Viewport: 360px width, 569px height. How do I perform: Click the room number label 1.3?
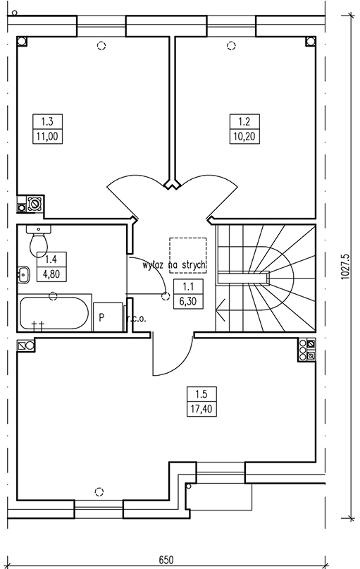[47, 121]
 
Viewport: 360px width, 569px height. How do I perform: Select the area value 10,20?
[244, 137]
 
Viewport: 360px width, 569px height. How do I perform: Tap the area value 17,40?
[201, 409]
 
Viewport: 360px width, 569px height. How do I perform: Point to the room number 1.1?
[188, 287]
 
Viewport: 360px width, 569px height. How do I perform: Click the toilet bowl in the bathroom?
[39, 241]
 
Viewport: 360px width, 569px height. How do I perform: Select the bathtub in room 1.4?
[54, 314]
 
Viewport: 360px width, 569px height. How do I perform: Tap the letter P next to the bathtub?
[102, 317]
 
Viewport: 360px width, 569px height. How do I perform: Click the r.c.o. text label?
[137, 319]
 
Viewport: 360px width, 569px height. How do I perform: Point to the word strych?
[193, 265]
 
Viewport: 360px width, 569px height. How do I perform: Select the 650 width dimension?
[166, 559]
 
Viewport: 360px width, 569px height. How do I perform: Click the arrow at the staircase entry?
[221, 310]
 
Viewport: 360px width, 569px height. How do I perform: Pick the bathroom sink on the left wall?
[23, 274]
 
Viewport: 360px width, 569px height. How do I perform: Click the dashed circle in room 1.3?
[101, 46]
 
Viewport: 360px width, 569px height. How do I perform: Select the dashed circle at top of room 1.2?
[231, 46]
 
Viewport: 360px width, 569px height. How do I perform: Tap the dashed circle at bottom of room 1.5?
[99, 492]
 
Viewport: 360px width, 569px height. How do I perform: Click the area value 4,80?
[51, 274]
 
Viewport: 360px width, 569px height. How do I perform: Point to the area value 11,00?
[47, 137]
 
